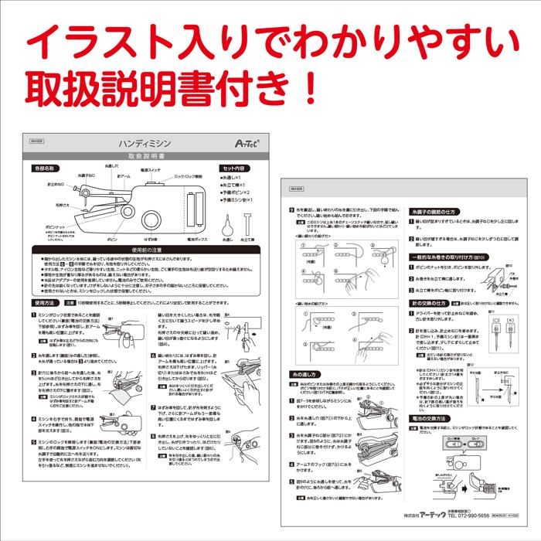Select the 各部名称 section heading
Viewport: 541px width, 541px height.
(46, 168)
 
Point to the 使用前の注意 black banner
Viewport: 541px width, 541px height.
(144, 250)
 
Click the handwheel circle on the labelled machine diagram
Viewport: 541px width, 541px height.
(148, 221)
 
